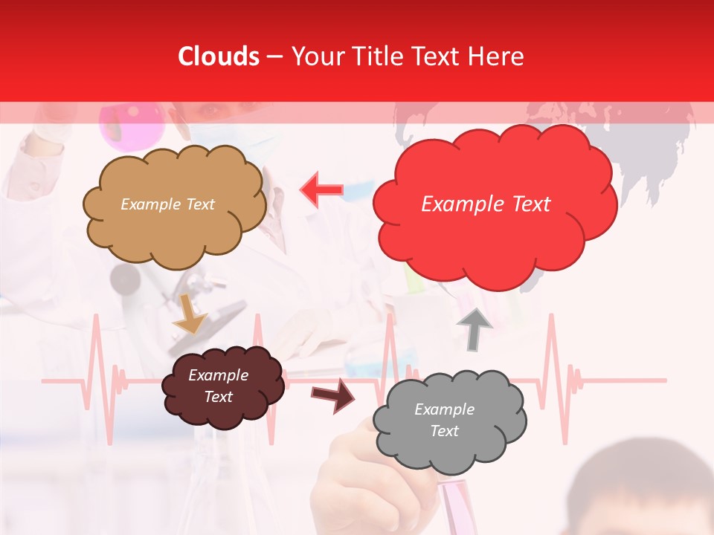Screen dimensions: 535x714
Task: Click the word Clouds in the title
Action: pos(219,56)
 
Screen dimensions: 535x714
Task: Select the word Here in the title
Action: pos(498,56)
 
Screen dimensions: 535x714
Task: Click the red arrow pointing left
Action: pos(322,189)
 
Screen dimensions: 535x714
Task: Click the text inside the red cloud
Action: pos(486,204)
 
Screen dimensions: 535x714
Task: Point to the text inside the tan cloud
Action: pos(167,204)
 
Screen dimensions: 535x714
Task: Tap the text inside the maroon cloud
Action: pos(219,386)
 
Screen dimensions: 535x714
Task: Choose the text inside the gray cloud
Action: pos(444,420)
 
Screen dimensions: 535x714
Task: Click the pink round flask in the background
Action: pos(132,123)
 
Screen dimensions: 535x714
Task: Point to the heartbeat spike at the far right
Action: pos(552,349)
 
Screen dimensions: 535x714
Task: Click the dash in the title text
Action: pos(274,57)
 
